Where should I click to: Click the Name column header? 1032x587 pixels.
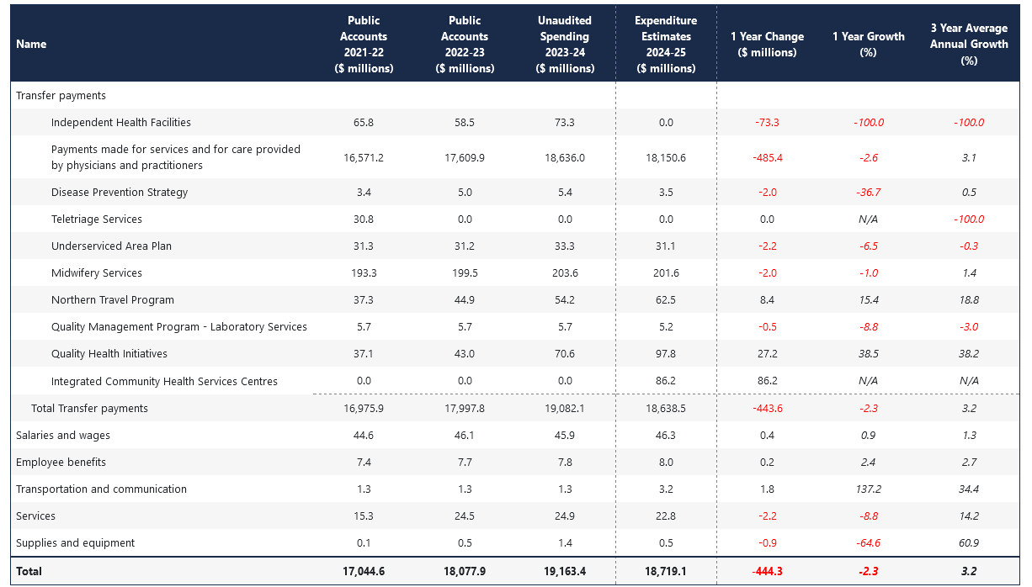[31, 45]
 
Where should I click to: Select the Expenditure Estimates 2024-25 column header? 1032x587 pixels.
[666, 45]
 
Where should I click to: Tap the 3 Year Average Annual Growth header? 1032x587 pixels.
[969, 45]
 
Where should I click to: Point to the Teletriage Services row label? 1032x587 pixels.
[96, 219]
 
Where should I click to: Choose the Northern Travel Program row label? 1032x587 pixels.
[113, 300]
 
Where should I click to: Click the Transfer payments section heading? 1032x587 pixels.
[61, 95]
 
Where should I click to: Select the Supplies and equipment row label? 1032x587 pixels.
[75, 542]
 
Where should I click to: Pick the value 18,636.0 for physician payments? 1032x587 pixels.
[565, 158]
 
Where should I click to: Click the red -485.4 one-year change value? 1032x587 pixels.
[768, 158]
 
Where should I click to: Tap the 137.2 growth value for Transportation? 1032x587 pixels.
[868, 489]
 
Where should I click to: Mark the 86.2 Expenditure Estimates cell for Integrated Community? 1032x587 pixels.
[666, 381]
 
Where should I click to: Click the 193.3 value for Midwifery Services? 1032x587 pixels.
[364, 273]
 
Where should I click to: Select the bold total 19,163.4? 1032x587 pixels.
[565, 571]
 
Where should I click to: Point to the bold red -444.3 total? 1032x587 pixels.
[768, 571]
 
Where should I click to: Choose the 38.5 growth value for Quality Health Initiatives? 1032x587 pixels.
[869, 353]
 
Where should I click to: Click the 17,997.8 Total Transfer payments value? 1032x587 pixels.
[465, 409]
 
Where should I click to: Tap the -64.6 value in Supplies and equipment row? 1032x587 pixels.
[869, 542]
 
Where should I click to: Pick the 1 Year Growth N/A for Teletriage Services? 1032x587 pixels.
[868, 219]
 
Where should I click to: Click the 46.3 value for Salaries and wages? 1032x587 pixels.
[666, 435]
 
